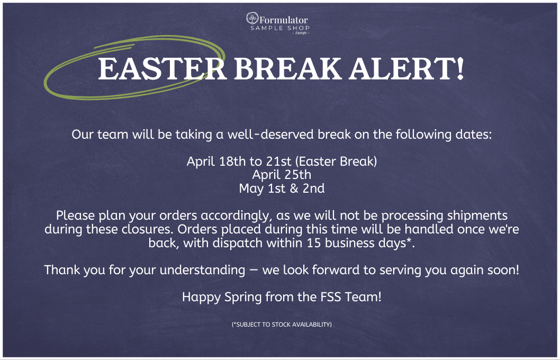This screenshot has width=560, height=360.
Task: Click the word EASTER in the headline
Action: pyautogui.click(x=162, y=69)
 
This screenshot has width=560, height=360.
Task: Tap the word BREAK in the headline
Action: pyautogui.click(x=288, y=69)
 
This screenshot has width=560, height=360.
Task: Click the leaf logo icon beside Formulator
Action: pyautogui.click(x=252, y=18)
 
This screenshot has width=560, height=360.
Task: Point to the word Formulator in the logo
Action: pyautogui.click(x=284, y=20)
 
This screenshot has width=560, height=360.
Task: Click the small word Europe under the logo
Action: pyautogui.click(x=301, y=33)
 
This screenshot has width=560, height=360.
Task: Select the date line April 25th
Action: pyautogui.click(x=282, y=175)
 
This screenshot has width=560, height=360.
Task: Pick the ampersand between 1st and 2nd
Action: pyautogui.click(x=294, y=188)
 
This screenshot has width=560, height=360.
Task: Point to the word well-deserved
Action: pyautogui.click(x=270, y=134)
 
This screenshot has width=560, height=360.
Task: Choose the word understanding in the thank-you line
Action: pyautogui.click(x=202, y=271)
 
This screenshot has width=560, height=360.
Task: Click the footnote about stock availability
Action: pyautogui.click(x=282, y=325)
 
